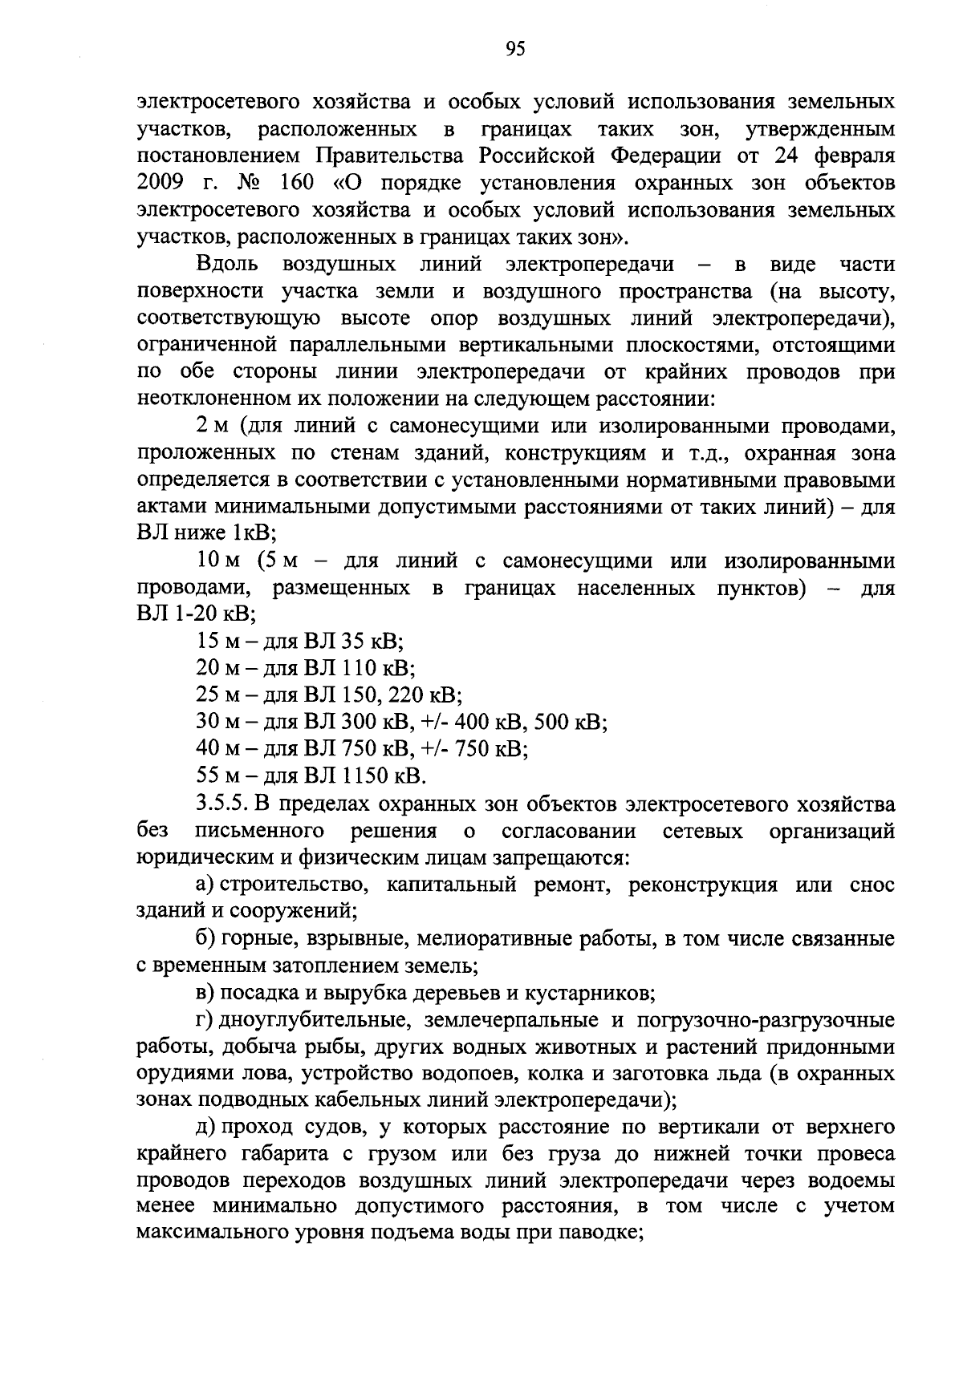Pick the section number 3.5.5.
click(224, 804)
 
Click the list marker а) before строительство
click(205, 885)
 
